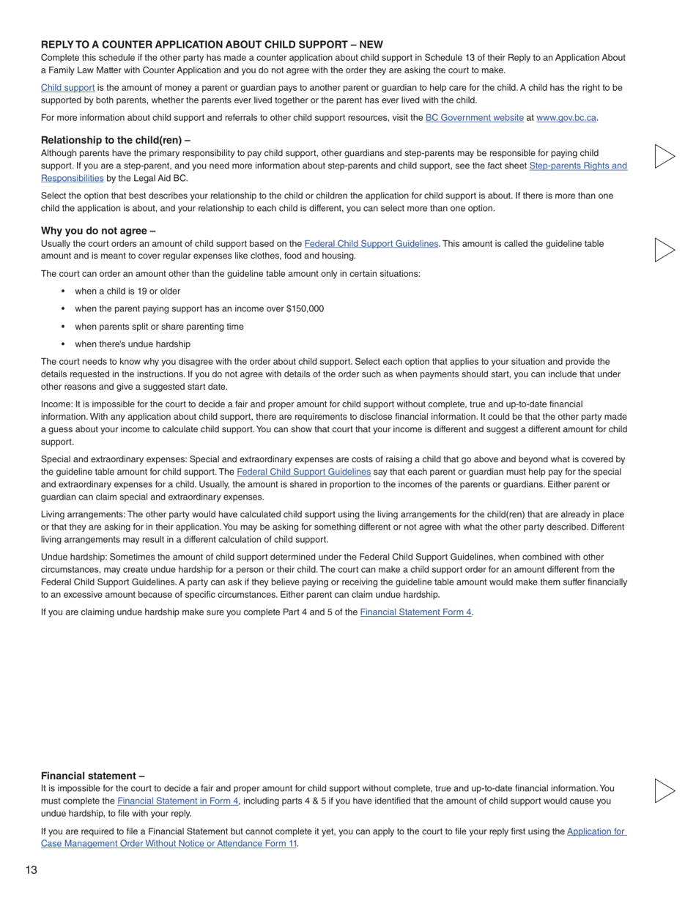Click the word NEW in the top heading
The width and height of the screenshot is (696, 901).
(x=371, y=45)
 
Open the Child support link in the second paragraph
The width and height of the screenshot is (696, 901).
(x=67, y=88)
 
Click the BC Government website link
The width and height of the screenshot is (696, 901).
(x=474, y=118)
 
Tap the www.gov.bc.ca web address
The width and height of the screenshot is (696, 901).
(x=566, y=118)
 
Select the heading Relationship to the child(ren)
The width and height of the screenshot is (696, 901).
(x=116, y=140)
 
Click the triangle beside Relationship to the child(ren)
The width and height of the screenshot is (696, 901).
(x=663, y=156)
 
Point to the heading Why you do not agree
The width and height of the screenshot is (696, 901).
(x=98, y=231)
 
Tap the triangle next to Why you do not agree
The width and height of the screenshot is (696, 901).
(x=663, y=250)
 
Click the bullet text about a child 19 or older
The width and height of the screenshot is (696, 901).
(x=127, y=292)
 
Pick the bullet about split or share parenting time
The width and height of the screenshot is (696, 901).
(x=159, y=327)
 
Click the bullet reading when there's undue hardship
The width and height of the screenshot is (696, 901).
(x=132, y=344)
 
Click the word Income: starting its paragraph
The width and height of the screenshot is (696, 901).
(x=56, y=404)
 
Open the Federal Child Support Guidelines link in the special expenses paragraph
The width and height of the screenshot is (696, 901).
(x=303, y=472)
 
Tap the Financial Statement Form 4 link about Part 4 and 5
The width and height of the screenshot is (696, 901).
(x=415, y=612)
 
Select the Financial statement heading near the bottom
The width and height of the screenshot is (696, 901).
(x=92, y=776)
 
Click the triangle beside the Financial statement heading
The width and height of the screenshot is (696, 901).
(x=663, y=790)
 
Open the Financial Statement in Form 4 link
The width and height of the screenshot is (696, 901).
(x=177, y=801)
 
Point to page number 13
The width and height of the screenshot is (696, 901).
(x=31, y=870)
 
